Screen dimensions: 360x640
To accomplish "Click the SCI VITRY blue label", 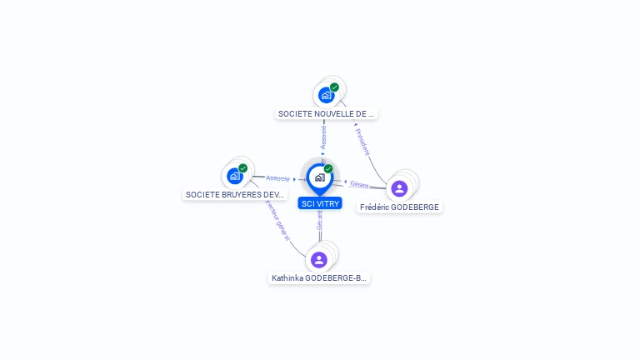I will click(x=319, y=203).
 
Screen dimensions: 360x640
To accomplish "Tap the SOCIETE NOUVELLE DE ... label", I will click(x=326, y=113).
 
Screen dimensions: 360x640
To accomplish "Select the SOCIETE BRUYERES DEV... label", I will click(x=235, y=194).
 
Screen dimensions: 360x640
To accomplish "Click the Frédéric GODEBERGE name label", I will click(x=399, y=207).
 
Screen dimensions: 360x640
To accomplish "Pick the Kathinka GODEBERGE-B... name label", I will click(x=318, y=277).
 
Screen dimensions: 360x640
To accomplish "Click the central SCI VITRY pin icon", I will click(x=319, y=177).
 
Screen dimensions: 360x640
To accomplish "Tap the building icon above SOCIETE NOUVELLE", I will click(x=326, y=94).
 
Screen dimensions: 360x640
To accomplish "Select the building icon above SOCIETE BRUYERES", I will click(x=234, y=176).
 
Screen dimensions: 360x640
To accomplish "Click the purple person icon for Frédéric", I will click(x=399, y=188).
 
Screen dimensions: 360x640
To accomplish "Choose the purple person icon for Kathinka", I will click(x=319, y=259).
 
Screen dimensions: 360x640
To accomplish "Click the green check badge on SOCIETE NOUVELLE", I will click(x=334, y=87).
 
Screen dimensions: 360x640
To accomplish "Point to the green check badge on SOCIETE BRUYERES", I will click(x=243, y=168).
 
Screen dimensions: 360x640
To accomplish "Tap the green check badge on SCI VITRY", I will click(x=328, y=169).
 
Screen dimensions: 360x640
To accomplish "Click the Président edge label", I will click(x=362, y=142).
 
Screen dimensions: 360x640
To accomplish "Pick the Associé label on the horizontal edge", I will click(x=278, y=178).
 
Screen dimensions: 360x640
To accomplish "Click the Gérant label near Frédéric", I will click(x=359, y=183).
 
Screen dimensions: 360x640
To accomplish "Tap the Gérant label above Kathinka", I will click(x=319, y=221).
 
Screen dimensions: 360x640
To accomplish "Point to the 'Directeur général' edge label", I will click(x=277, y=218).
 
